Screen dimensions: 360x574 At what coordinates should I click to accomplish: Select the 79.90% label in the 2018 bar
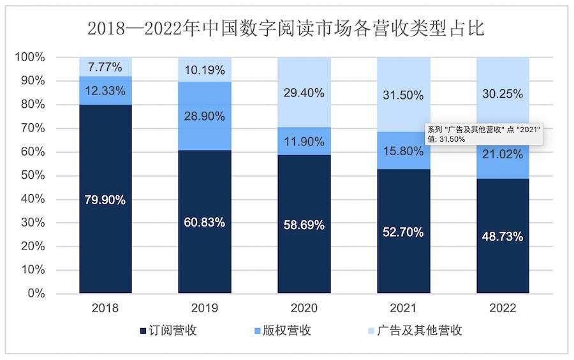pos(105,200)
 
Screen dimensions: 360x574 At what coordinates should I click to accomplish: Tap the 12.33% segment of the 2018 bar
pos(105,91)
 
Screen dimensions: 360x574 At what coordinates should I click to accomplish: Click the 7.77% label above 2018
pos(105,66)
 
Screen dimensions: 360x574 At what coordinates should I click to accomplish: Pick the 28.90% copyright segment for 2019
pos(205,116)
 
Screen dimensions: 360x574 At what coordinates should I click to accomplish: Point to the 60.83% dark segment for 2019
pos(205,222)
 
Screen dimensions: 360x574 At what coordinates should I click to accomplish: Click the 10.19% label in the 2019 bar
pos(205,70)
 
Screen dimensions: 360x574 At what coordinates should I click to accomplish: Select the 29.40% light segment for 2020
pos(304,93)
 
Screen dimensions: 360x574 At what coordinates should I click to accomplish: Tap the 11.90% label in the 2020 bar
pos(304,142)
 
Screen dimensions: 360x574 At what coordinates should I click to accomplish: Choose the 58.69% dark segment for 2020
pos(304,225)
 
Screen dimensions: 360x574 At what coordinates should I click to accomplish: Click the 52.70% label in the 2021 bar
pos(403,232)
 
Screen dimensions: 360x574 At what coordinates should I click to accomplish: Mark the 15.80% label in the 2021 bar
pos(403,151)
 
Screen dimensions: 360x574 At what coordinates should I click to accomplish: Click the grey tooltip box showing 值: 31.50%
pos(485,134)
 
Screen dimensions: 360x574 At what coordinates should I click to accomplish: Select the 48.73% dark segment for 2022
pos(503,236)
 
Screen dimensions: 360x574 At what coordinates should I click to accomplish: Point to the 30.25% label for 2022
pos(503,93)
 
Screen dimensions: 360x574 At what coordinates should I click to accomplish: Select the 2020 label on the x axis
pos(304,308)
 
